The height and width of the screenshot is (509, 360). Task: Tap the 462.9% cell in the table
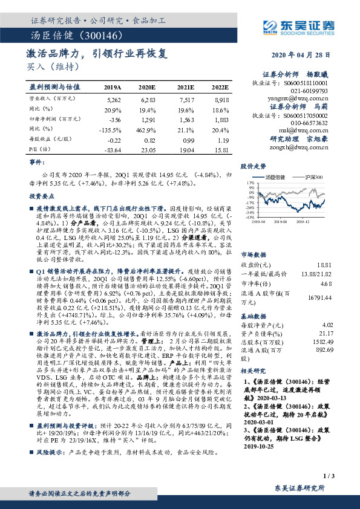coord(148,128)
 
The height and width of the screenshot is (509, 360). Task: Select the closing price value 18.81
coord(325,264)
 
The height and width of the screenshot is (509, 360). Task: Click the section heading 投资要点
coord(42,196)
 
